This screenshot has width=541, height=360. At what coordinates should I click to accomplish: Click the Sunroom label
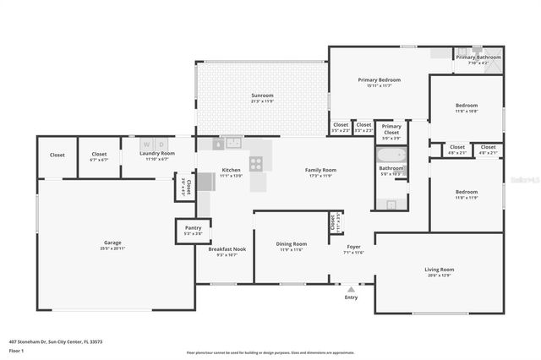[262, 95]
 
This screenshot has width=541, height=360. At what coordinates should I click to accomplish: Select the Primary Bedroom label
[379, 79]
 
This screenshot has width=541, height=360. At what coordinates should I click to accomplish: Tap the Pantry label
[193, 228]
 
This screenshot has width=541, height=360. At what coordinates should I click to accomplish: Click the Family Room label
[320, 170]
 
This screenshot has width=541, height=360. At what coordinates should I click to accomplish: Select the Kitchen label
[231, 170]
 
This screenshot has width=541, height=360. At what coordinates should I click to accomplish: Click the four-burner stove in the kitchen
[255, 164]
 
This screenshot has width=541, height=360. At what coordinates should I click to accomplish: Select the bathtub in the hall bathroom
[391, 155]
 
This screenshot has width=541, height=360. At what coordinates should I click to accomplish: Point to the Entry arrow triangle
[351, 289]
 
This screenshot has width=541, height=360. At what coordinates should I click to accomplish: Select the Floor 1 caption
[16, 349]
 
